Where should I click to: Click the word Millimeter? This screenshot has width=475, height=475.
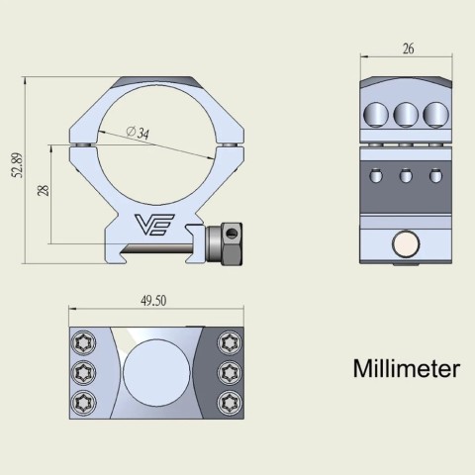tap(406, 370)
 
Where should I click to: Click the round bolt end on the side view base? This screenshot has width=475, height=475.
tap(404, 242)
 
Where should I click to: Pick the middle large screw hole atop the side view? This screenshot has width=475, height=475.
tap(405, 115)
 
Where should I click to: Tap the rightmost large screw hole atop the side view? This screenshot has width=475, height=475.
tap(433, 115)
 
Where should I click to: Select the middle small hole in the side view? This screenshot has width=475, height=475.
tap(405, 177)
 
